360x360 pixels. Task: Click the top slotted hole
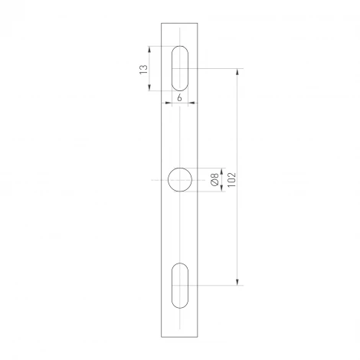click(180, 68)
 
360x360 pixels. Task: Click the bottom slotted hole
click(180, 286)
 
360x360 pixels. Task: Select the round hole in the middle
click(181, 181)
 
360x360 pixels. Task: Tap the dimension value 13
click(143, 70)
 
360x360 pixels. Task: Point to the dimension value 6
click(178, 98)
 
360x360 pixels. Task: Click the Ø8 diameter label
click(214, 181)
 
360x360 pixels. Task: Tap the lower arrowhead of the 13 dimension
click(148, 88)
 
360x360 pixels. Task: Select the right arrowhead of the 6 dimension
click(189, 103)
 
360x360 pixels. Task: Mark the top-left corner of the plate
click(162, 23)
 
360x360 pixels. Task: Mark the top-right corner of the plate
click(199, 23)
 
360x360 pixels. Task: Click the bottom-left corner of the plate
click(162, 336)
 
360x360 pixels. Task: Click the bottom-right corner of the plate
click(199, 336)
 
